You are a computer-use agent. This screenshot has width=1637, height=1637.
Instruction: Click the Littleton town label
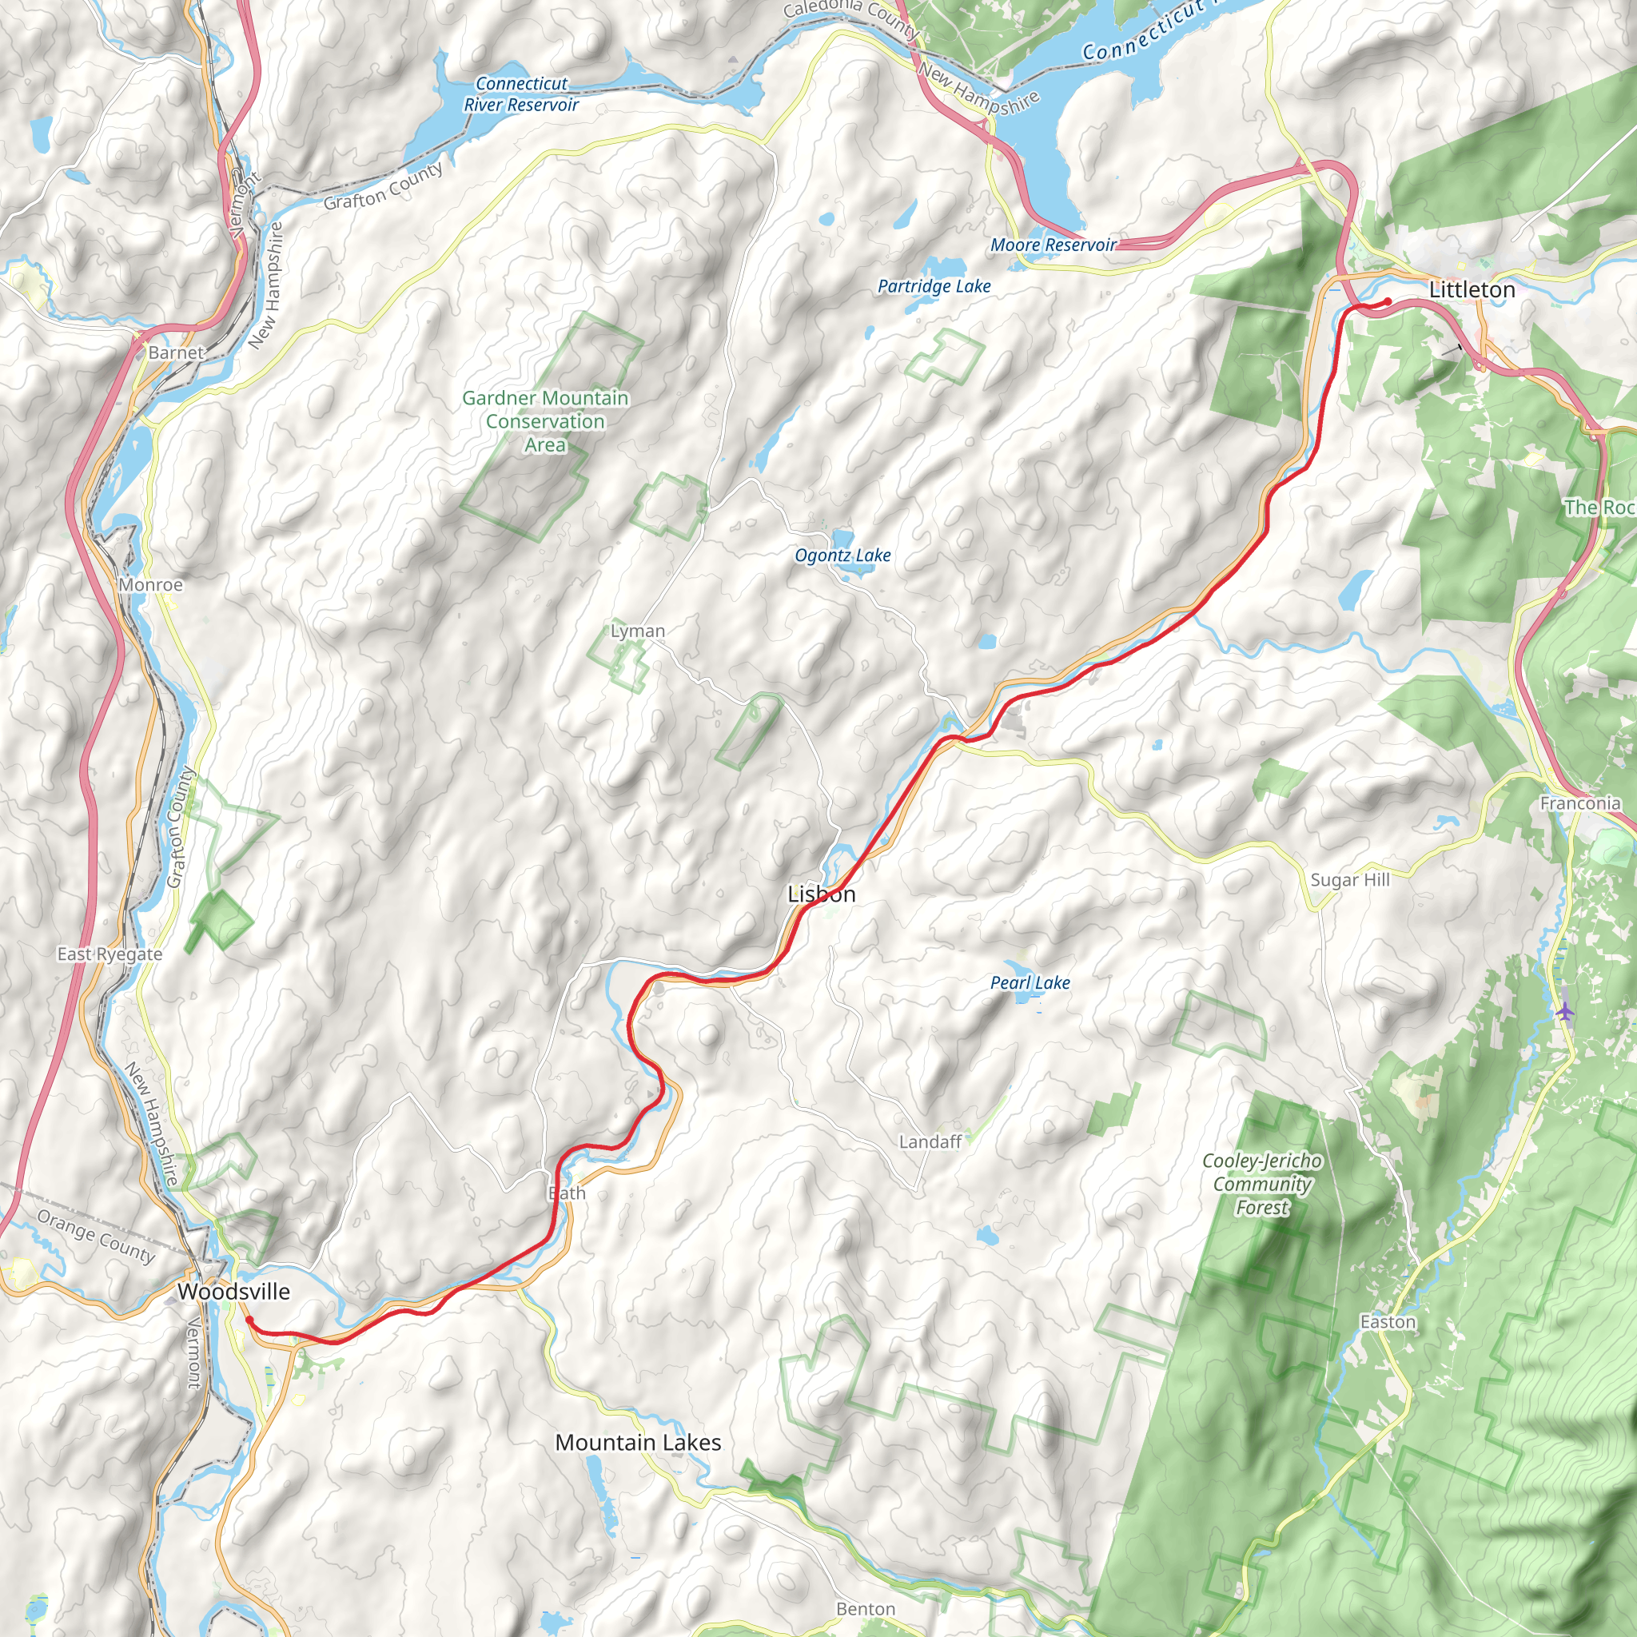click(x=1472, y=290)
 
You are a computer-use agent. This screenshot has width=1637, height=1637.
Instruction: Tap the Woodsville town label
click(x=233, y=1292)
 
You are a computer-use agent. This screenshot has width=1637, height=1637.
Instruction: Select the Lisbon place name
click(x=821, y=894)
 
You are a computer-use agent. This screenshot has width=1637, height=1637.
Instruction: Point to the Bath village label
click(x=567, y=1193)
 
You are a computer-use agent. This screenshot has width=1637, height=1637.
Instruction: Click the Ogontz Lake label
click(x=842, y=555)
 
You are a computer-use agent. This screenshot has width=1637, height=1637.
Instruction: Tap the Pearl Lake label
click(x=1030, y=983)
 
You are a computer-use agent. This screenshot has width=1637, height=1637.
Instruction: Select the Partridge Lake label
click(x=934, y=286)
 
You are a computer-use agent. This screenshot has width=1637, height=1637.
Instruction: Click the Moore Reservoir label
click(x=1053, y=245)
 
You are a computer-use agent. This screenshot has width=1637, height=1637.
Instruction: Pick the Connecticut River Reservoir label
click(x=521, y=94)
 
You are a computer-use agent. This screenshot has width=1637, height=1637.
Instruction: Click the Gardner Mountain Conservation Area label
click(x=545, y=421)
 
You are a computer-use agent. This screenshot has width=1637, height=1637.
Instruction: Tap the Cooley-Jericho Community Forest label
click(x=1261, y=1184)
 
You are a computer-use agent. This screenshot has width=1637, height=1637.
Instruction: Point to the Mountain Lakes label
click(x=638, y=1442)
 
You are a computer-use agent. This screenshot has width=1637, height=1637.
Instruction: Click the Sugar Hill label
click(x=1350, y=879)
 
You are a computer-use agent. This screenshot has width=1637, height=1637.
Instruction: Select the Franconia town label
click(x=1579, y=803)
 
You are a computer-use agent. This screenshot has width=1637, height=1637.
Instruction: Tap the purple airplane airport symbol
click(x=1565, y=1011)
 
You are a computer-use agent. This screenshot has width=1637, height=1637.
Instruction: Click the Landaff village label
click(x=930, y=1142)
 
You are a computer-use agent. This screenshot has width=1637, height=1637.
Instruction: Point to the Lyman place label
click(x=637, y=631)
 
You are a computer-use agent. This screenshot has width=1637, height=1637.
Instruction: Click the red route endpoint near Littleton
click(x=1387, y=301)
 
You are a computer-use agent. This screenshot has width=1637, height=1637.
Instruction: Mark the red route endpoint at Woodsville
click(x=248, y=1319)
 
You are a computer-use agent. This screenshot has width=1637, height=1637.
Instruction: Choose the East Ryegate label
click(x=110, y=954)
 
